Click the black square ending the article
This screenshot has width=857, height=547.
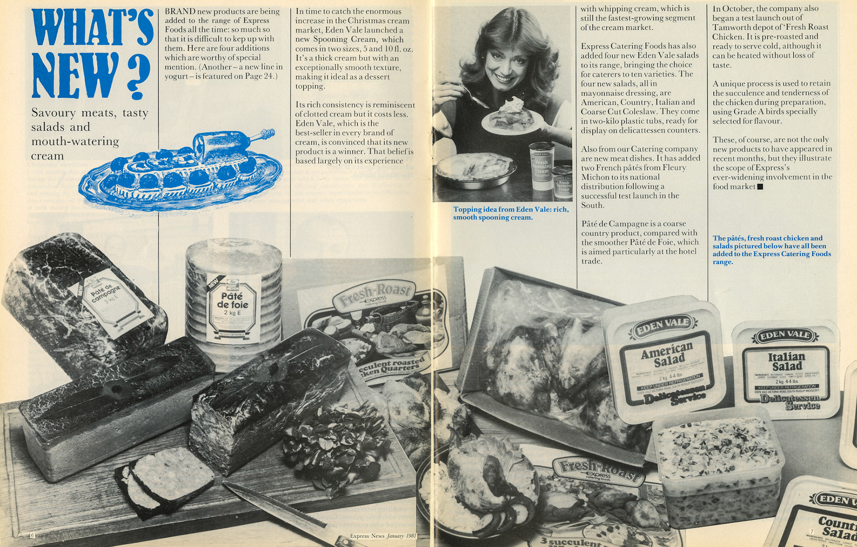(761, 187)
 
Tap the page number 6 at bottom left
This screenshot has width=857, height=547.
(32, 535)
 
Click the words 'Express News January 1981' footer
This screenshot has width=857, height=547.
(383, 536)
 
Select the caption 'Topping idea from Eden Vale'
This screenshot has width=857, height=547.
(511, 213)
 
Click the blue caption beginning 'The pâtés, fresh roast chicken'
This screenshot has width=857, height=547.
(771, 250)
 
